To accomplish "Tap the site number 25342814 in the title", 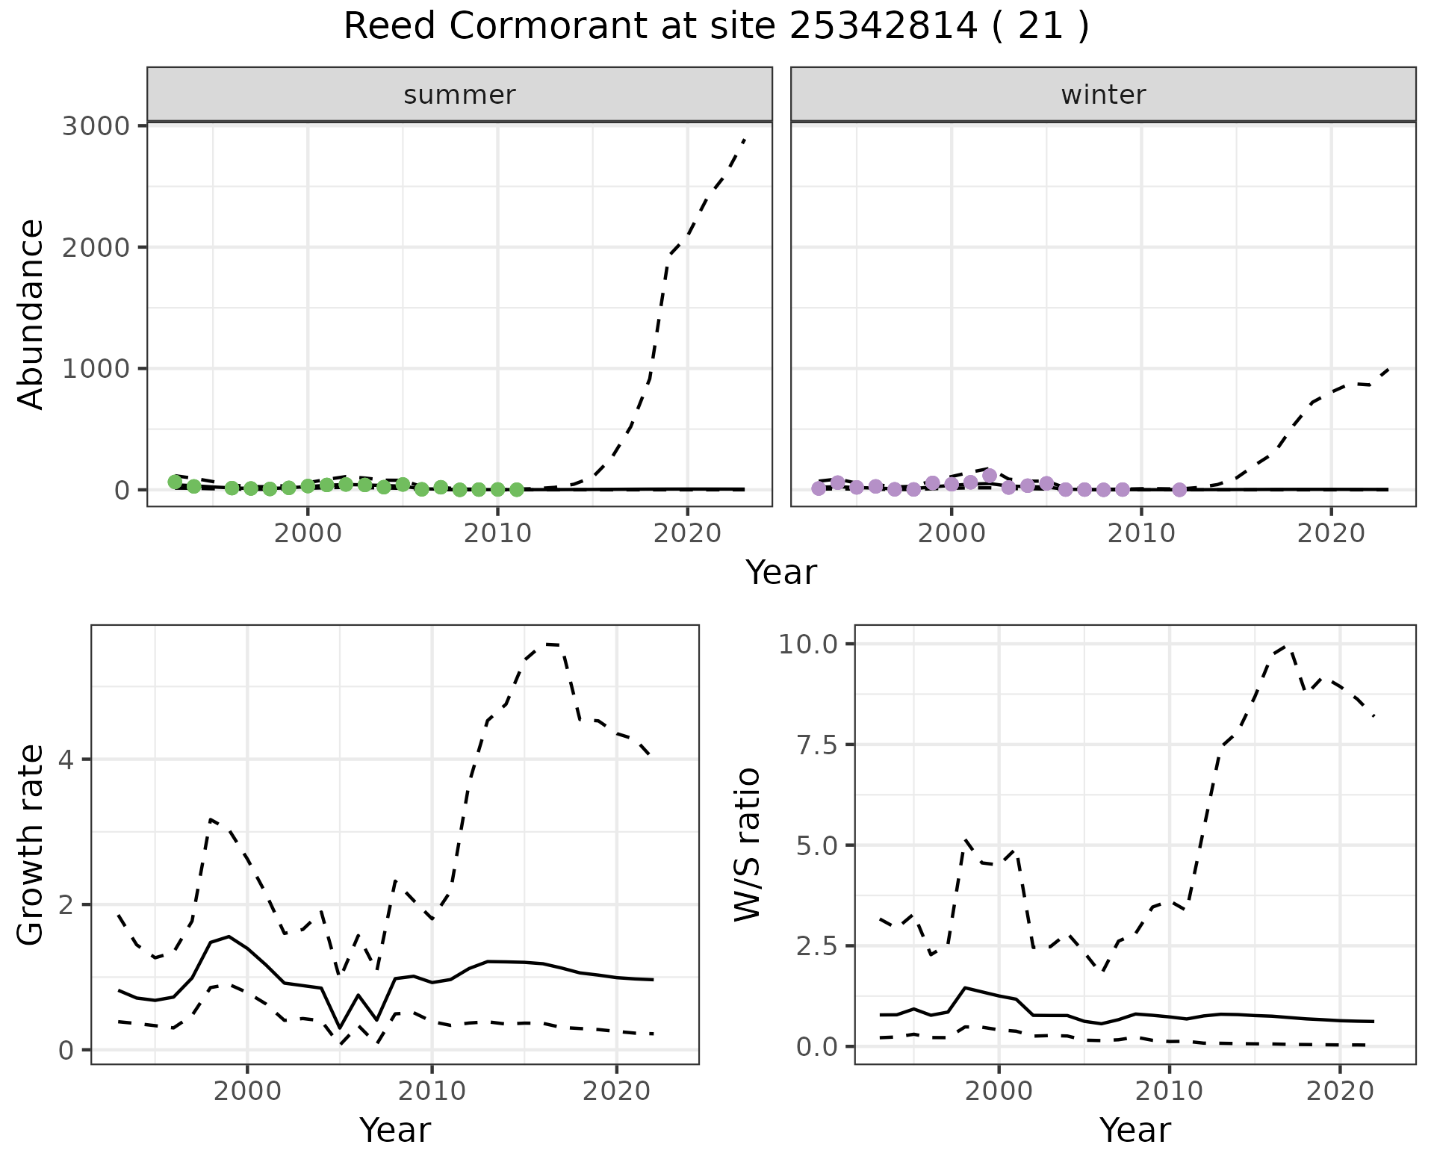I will point(884,27).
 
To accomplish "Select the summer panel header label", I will point(459,95).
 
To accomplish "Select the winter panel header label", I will point(1103,95).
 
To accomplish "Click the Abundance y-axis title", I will point(31,314).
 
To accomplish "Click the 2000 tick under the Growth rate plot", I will point(247,1091).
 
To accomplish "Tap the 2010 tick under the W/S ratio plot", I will point(1169,1091).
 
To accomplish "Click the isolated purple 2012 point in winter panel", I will point(1179,490).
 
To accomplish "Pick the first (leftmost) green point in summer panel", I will point(175,482).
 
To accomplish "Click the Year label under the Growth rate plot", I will point(395,1130).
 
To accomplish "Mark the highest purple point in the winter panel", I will point(990,475).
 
